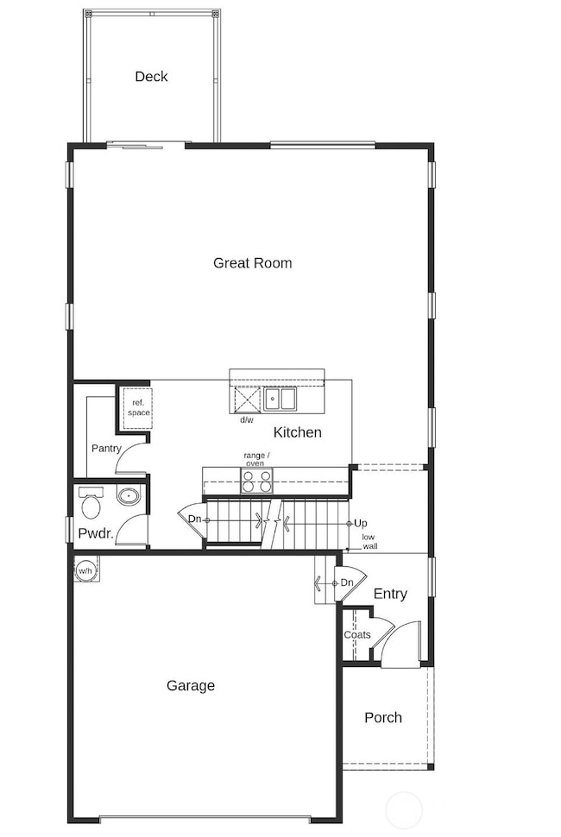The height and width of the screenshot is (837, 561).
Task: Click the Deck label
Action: coord(151,77)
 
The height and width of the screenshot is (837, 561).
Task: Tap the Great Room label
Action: coord(252,263)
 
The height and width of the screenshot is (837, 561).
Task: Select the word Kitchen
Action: coord(297,432)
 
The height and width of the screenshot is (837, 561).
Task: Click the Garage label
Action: coord(191,686)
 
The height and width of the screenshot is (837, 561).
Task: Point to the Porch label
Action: coord(382,717)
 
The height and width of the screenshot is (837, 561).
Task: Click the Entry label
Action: coord(390,594)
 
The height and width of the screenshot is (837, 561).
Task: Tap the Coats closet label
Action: coord(357,635)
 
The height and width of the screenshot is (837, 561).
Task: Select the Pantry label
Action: coord(106,449)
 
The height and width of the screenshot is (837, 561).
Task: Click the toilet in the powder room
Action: coord(90,500)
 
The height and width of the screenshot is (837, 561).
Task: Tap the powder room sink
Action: coord(128,497)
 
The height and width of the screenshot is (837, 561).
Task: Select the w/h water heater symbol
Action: coord(85,571)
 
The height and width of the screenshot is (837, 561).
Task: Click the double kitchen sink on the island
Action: coord(280,400)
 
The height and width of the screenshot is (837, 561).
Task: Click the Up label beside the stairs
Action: coord(361,524)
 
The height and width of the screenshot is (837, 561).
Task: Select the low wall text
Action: coord(369,542)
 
